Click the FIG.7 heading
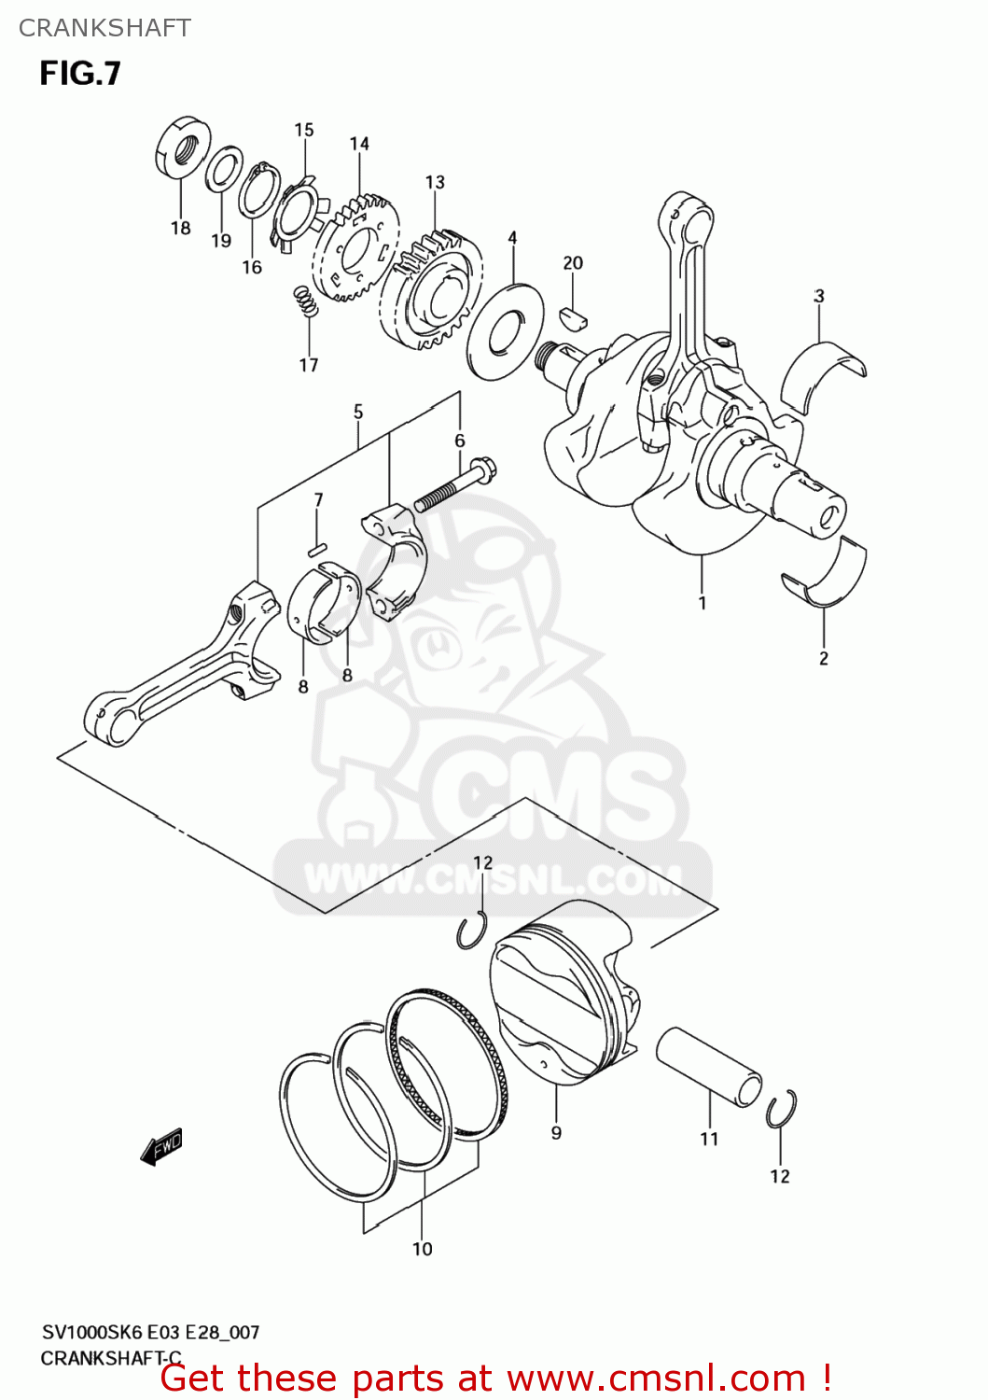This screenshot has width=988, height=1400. point(80,74)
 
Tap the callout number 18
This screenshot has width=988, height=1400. point(180,228)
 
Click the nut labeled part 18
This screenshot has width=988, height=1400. point(182,147)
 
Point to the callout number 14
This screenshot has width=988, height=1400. point(359,144)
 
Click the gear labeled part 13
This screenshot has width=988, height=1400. point(431,290)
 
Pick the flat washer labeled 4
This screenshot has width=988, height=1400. point(505,330)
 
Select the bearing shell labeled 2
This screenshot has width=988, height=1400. point(826,572)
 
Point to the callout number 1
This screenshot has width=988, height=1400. point(703,603)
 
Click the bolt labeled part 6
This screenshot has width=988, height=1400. point(454,484)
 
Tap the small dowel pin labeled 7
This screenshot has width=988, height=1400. point(317,547)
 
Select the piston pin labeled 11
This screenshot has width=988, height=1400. point(708,1067)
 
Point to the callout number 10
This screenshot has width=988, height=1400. point(423,1249)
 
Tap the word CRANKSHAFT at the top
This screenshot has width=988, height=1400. point(104,28)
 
